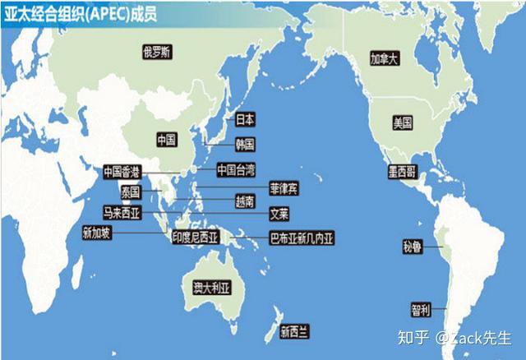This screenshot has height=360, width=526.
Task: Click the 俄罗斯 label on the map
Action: pos(156,53)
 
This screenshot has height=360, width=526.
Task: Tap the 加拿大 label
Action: pos(383,59)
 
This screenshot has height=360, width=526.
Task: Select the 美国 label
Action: pos(402,123)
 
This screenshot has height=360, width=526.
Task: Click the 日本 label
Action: pos(245,119)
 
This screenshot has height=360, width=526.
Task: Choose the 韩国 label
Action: pos(245,145)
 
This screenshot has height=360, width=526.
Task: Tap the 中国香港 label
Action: pos(122,172)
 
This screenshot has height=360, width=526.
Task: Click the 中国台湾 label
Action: pos(236,170)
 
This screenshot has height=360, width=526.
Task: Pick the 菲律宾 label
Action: pos(284,188)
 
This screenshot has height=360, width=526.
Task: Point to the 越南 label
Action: pos(245,201)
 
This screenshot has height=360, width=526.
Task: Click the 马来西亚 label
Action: pos(122,213)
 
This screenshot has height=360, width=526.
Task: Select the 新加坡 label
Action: pos(96,233)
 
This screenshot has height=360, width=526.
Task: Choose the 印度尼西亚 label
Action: pos(194,238)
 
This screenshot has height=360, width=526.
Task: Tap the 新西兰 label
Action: pos(293,332)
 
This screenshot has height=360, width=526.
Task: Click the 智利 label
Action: pos(420,310)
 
